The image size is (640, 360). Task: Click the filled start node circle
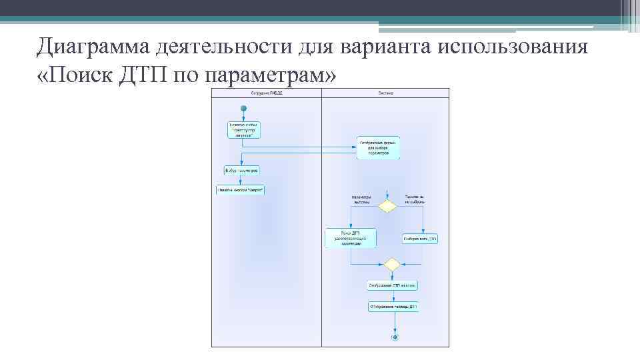click(x=243, y=109)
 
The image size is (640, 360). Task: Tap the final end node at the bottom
click(x=395, y=337)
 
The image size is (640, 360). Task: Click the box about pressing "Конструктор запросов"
click(x=243, y=129)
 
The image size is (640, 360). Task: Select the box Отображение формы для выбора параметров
click(x=378, y=148)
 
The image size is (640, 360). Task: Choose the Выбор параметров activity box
click(x=241, y=171)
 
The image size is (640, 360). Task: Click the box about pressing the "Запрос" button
click(x=240, y=190)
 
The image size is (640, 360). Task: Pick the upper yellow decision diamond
click(x=387, y=207)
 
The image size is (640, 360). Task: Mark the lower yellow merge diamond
click(x=393, y=265)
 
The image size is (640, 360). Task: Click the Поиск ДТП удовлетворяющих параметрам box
click(x=351, y=238)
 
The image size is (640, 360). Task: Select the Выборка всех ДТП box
click(x=420, y=238)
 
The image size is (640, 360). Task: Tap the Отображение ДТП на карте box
click(x=393, y=286)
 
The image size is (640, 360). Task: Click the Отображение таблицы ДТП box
click(x=393, y=307)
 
